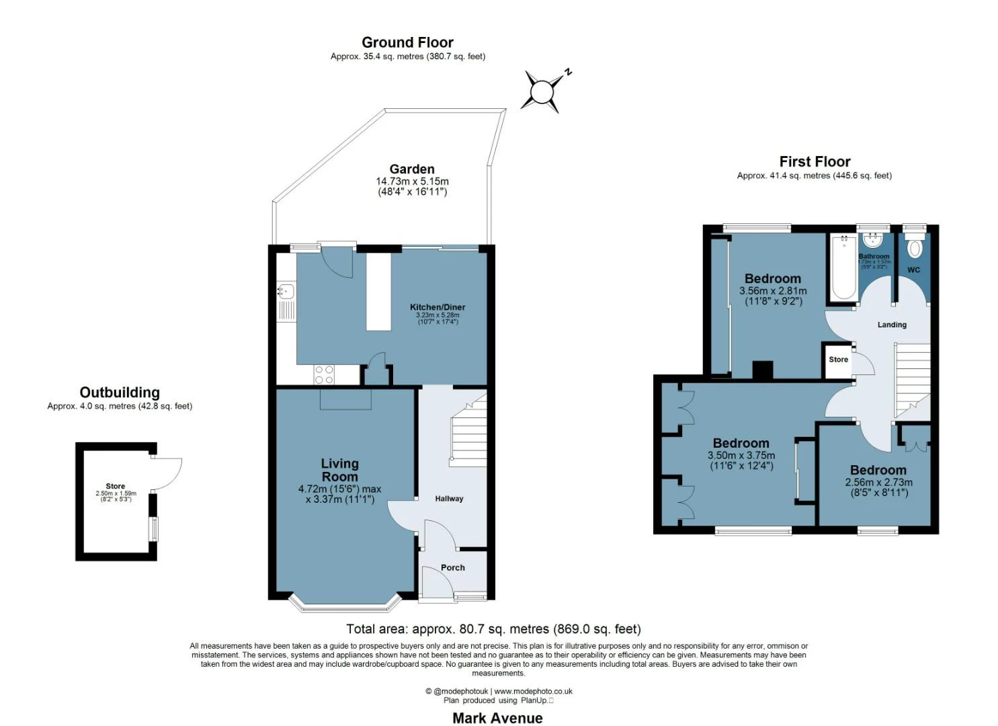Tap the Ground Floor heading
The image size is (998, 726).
click(407, 42)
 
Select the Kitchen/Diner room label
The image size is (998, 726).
click(438, 307)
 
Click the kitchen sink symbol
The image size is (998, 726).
click(286, 291)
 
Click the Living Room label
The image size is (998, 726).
click(339, 470)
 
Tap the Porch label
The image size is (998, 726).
click(452, 567)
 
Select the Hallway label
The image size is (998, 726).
click(449, 499)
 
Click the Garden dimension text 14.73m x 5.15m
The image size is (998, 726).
click(412, 182)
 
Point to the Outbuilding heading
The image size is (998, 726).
click(120, 393)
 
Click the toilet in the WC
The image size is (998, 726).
click(914, 248)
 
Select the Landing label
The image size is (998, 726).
click(892, 325)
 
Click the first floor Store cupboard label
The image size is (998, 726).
click(838, 360)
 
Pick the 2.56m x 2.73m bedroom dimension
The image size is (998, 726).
click(878, 482)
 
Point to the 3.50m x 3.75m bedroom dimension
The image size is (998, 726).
click(741, 455)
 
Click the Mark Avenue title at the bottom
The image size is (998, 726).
click(497, 718)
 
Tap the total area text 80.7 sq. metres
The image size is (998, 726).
click(493, 629)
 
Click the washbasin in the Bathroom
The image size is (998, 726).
click(873, 240)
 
